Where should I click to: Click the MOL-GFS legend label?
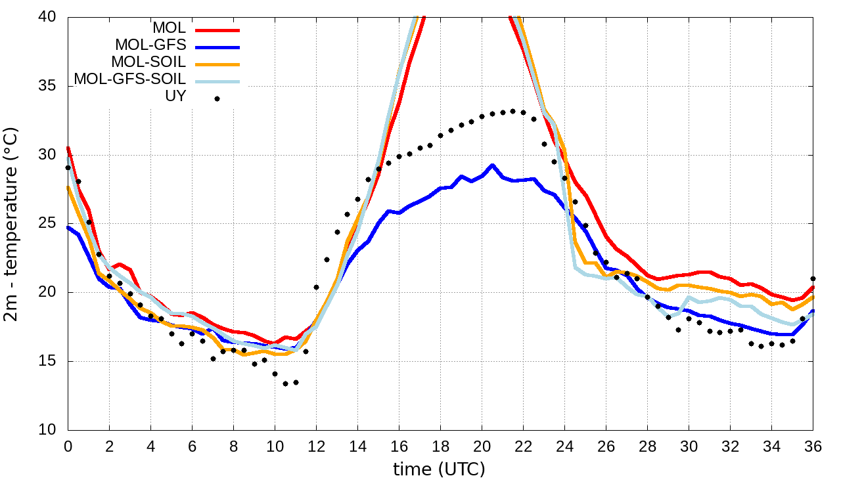(150, 45)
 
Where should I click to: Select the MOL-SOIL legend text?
(148, 62)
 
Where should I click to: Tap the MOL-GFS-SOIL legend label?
(129, 79)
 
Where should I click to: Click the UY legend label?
(175, 96)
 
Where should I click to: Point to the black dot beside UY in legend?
(217, 98)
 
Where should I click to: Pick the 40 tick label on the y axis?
(47, 17)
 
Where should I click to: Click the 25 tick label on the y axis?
(47, 224)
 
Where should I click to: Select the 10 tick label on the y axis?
(47, 431)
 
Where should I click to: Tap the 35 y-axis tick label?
(47, 86)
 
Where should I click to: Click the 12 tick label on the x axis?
(316, 446)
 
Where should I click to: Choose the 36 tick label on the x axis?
(813, 446)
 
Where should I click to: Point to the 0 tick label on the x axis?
(68, 446)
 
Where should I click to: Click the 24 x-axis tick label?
(564, 446)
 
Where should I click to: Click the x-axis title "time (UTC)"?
(439, 469)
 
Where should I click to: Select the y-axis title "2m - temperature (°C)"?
(12, 224)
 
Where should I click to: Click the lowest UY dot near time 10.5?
(285, 383)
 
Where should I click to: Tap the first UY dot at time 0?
(68, 167)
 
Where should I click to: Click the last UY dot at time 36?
(813, 279)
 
